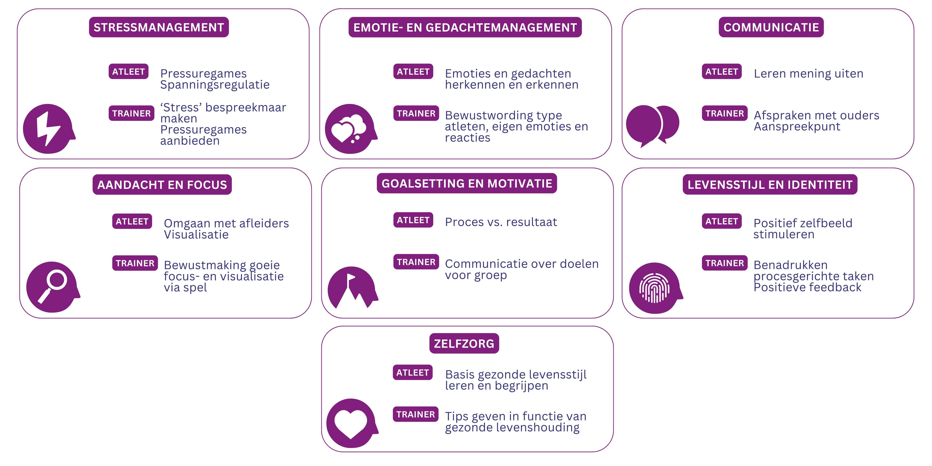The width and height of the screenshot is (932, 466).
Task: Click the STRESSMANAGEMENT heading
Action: (x=159, y=27)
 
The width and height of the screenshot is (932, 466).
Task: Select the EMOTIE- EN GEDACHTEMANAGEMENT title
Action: (x=465, y=27)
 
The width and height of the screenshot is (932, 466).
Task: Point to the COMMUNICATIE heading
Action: (x=771, y=27)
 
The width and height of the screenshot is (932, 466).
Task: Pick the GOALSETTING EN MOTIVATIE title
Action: (x=467, y=183)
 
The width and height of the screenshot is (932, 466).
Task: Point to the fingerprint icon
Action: (x=655, y=288)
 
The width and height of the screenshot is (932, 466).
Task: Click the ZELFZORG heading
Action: (x=464, y=343)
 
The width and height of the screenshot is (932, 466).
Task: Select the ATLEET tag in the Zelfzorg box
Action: (x=412, y=372)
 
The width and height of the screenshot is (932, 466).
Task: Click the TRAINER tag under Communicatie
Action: (x=724, y=113)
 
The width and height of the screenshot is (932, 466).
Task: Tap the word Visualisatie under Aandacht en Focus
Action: (x=196, y=234)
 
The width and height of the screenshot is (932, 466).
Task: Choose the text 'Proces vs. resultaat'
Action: (x=501, y=222)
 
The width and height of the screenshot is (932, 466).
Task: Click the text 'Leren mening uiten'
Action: (x=808, y=74)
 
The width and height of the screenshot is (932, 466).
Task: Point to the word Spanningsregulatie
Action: (x=215, y=85)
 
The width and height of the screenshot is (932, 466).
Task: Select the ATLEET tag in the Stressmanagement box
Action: (x=128, y=72)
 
